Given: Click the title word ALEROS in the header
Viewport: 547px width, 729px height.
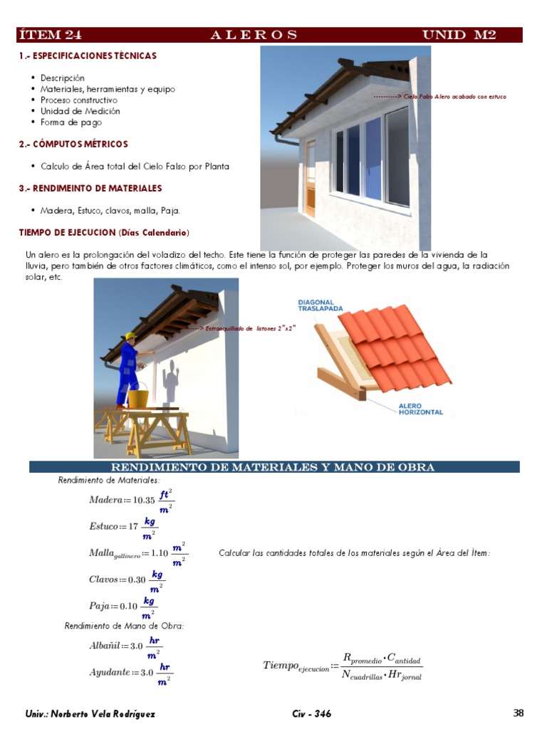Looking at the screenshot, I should pyautogui.click(x=254, y=35).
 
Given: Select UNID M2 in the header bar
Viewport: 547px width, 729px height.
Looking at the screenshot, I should pyautogui.click(x=459, y=35).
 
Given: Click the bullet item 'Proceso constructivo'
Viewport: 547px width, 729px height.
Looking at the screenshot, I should pyautogui.click(x=79, y=100).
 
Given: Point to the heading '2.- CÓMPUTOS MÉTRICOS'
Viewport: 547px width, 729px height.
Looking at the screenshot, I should pyautogui.click(x=73, y=145).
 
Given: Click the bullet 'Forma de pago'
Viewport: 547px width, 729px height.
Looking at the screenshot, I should pyautogui.click(x=71, y=122).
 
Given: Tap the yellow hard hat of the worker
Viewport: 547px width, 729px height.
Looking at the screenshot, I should pyautogui.click(x=130, y=336).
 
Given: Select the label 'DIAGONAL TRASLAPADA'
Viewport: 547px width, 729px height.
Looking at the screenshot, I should pyautogui.click(x=321, y=305).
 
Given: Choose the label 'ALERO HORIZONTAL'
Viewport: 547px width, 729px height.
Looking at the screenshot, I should pyautogui.click(x=420, y=409).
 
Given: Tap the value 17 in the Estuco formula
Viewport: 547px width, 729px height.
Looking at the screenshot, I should pyautogui.click(x=133, y=527).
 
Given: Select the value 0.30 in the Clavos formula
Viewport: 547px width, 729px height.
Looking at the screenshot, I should pyautogui.click(x=136, y=579).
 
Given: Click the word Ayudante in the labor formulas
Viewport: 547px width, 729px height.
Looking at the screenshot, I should pyautogui.click(x=109, y=672).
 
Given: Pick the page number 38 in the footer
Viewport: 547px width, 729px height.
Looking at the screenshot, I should pyautogui.click(x=519, y=713).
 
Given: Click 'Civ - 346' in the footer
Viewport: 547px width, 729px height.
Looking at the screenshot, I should pyautogui.click(x=311, y=714).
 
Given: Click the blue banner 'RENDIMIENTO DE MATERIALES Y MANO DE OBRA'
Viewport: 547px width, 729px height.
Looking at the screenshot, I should pyautogui.click(x=274, y=467).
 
